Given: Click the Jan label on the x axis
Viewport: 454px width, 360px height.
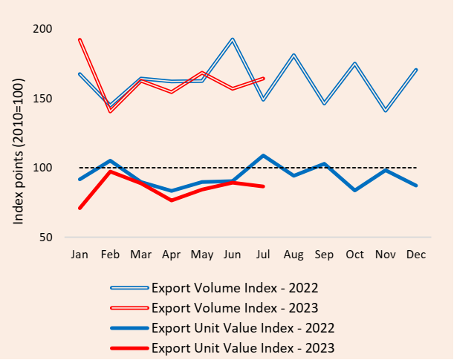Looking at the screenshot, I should coord(79,255).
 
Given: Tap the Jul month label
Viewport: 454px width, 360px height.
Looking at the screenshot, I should coord(263,255).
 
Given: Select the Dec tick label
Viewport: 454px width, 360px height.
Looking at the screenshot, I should coord(416,255).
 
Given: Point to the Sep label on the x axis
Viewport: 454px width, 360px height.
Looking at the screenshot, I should coord(324,255).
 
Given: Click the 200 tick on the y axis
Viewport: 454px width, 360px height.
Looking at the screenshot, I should coord(43,29).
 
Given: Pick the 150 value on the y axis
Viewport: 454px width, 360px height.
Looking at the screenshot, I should coord(43,99).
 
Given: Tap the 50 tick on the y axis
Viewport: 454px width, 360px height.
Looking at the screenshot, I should coord(46,238).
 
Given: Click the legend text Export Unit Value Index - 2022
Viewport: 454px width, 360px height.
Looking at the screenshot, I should coord(243,327).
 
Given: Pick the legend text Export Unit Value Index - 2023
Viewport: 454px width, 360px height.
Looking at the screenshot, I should coord(243,347).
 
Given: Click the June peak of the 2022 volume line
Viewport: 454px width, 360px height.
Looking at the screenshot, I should coord(233,39).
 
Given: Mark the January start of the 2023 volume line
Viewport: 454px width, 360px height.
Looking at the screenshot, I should coord(80,39).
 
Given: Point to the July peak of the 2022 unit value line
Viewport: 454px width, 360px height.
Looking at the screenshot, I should coord(263,155).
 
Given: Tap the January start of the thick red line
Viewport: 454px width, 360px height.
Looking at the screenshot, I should coord(80,208).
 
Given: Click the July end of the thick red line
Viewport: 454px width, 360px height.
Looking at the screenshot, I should coord(263,186).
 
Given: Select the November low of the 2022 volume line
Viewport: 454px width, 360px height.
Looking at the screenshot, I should coord(386,111).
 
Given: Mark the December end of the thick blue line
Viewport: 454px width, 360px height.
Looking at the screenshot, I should coord(416,186).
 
